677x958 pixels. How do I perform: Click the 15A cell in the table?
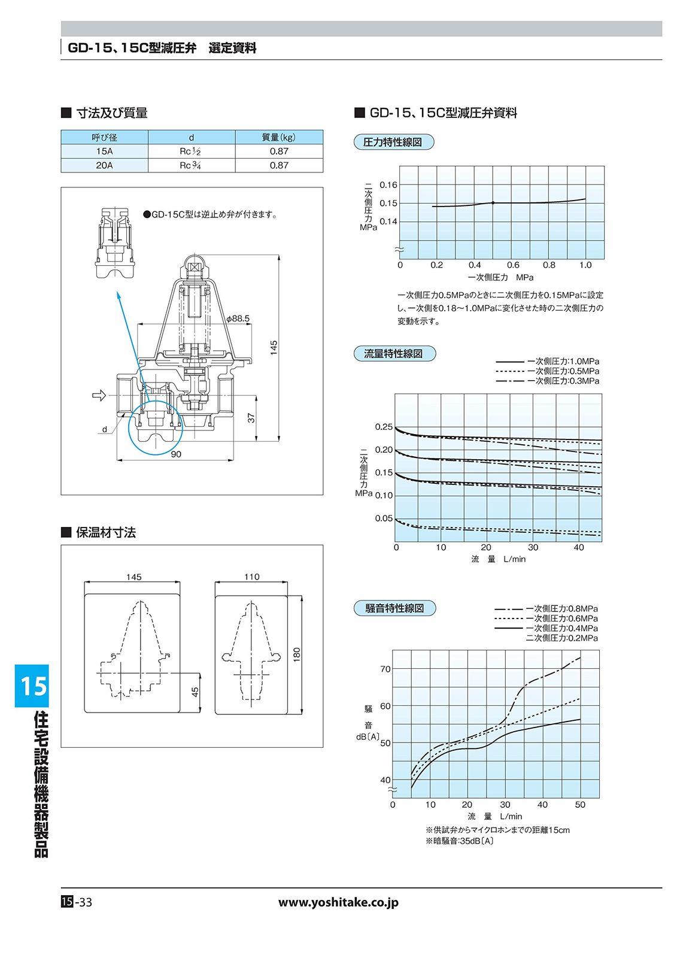click(x=104, y=151)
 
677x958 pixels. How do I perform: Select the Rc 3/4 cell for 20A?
click(x=191, y=165)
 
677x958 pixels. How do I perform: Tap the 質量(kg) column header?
click(x=279, y=137)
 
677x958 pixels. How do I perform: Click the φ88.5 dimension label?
click(x=238, y=319)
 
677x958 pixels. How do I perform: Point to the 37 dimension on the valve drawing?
click(x=252, y=417)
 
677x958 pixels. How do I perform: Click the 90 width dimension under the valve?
click(x=176, y=454)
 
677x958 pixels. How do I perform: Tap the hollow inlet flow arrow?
click(x=99, y=395)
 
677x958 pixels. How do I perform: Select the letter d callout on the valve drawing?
click(x=104, y=429)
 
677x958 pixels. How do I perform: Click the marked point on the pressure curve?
click(x=493, y=203)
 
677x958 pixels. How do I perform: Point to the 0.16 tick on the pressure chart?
click(x=388, y=185)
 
